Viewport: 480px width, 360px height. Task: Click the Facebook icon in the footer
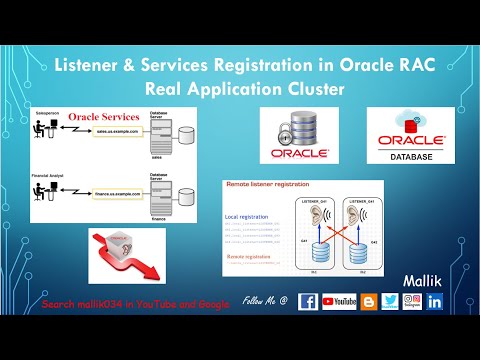pyautogui.click(x=308, y=301)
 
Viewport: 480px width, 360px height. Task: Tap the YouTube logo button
pyautogui.click(x=340, y=301)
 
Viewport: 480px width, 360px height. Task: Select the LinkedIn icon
pyautogui.click(x=434, y=301)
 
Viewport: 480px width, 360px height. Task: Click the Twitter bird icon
pyautogui.click(x=390, y=301)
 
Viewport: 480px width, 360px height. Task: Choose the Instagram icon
pyautogui.click(x=411, y=301)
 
